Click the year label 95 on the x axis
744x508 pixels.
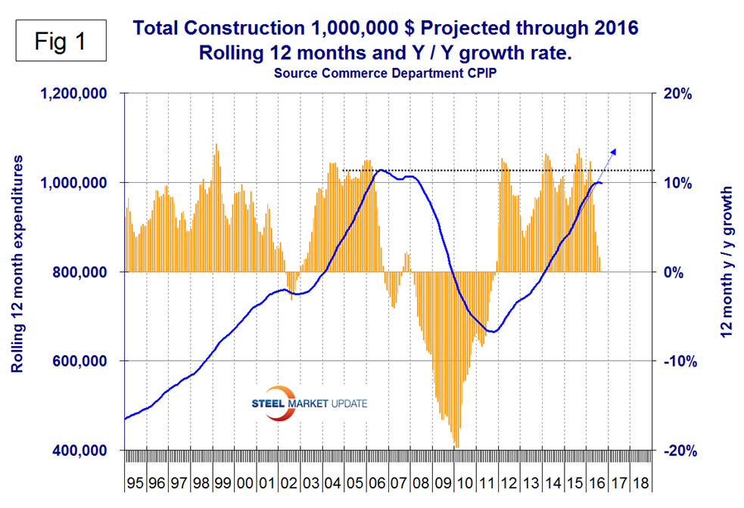click(x=135, y=482)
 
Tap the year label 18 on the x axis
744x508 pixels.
click(x=640, y=482)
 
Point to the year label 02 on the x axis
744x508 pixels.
click(x=288, y=482)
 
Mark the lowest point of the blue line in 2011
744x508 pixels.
click(x=492, y=331)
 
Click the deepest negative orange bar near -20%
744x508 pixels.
click(x=456, y=445)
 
